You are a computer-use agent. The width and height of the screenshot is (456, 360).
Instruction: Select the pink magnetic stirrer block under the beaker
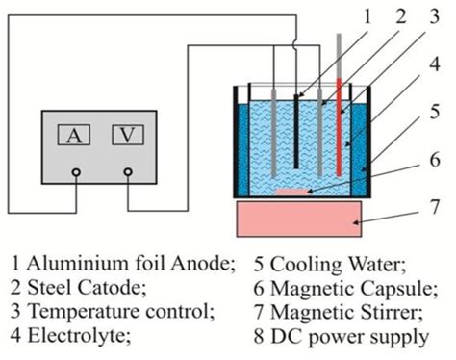point(299,218)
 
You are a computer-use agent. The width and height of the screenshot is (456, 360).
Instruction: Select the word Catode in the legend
point(94,287)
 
